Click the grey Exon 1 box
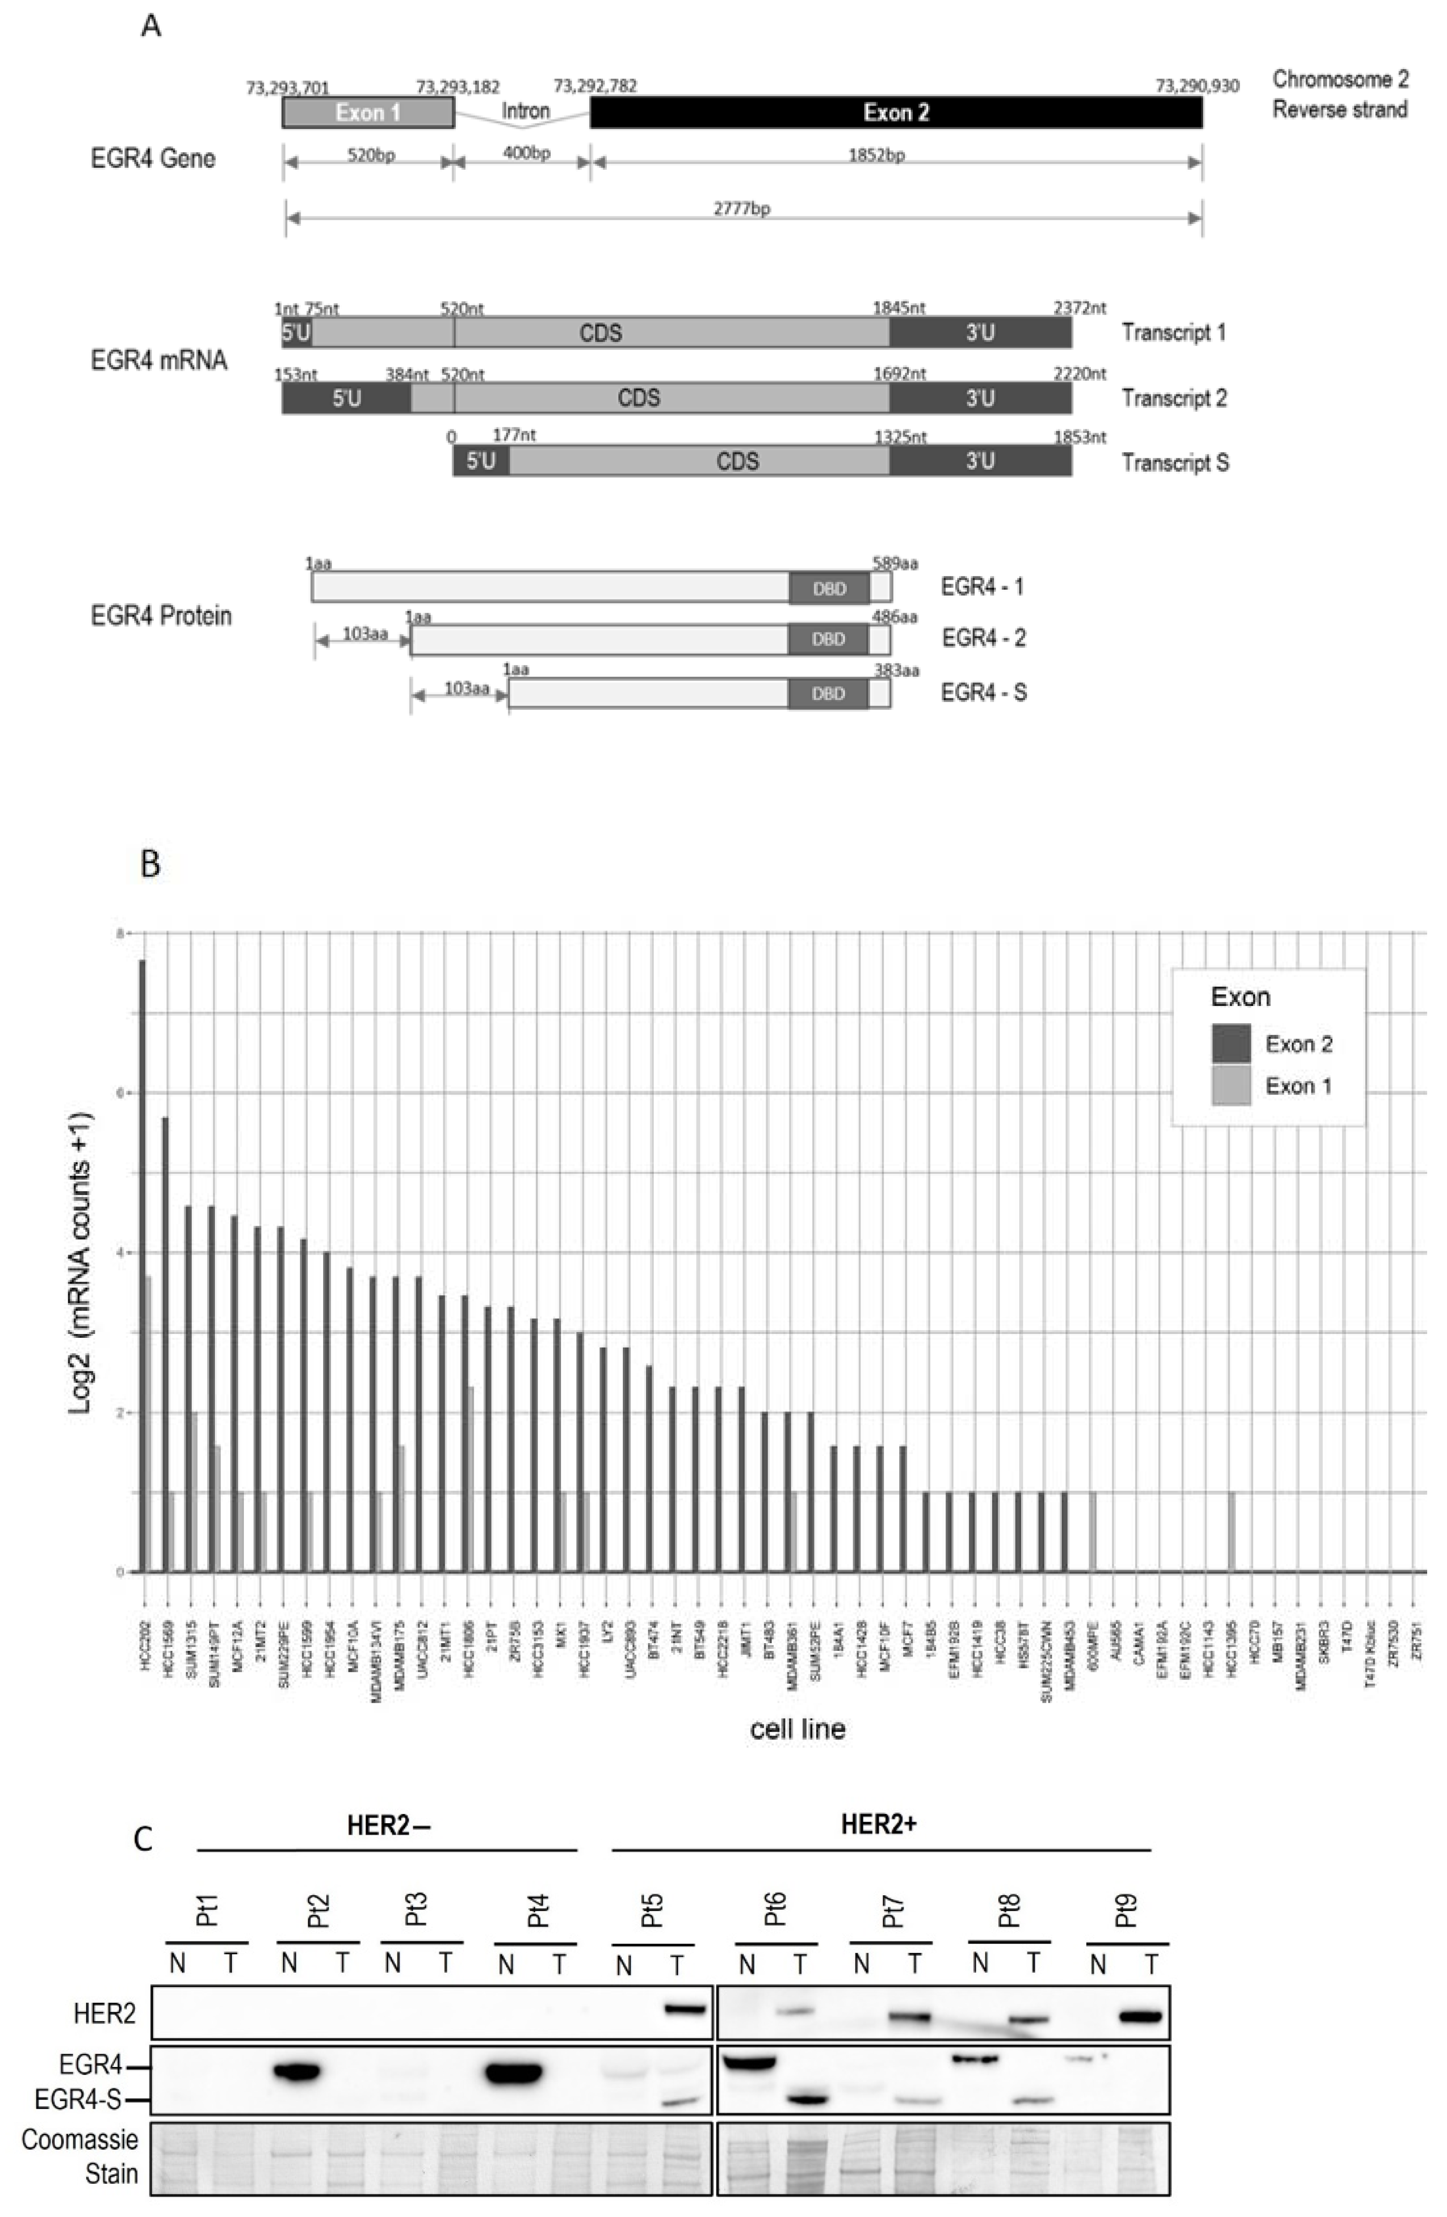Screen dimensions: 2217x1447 [x=368, y=113]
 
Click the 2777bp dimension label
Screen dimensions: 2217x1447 [x=742, y=209]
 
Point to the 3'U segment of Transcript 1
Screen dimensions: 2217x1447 [x=979, y=332]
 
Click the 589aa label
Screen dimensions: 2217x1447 [x=894, y=563]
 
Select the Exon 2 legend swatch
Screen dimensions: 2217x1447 [x=1230, y=1043]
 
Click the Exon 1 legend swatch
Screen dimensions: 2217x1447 [x=1230, y=1085]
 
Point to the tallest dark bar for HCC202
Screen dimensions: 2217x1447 [x=143, y=1258]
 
